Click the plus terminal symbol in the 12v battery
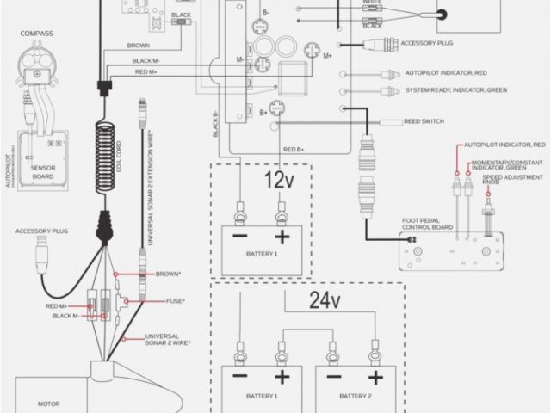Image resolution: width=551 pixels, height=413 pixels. tap(282, 237)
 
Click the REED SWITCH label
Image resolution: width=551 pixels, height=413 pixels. tap(423, 121)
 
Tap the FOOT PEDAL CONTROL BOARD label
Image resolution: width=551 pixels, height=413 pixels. tap(428, 225)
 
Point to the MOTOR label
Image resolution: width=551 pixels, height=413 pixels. tap(48, 402)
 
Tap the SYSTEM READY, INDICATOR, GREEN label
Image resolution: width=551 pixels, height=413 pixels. tap(455, 90)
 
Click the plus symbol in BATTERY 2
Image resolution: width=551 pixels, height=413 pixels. tap(373, 379)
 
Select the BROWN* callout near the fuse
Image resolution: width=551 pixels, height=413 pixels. tap(167, 274)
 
